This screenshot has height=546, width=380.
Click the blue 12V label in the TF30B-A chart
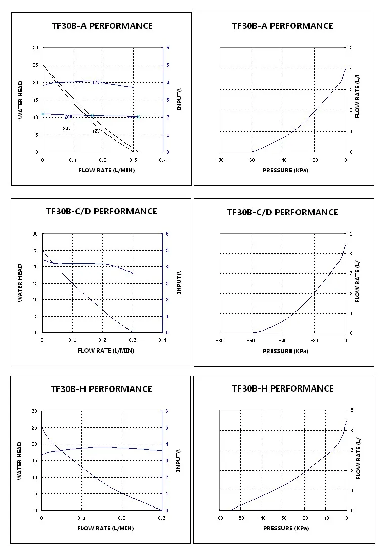96,82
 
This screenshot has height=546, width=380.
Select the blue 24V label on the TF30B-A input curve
68,116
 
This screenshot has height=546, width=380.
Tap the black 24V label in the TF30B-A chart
67,129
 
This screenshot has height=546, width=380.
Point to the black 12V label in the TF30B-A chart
96,131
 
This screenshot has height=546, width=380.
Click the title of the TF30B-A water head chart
101,26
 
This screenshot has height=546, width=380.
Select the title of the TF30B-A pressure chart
283,26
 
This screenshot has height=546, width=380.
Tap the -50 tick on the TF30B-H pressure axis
240,518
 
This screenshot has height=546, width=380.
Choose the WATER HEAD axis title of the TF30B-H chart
20,461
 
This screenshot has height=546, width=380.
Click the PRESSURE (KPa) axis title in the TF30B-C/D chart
285,350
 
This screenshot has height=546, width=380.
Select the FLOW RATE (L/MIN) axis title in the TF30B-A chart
106,170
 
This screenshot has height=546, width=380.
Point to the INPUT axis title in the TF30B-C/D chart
178,283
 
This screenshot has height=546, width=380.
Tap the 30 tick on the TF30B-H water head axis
34,411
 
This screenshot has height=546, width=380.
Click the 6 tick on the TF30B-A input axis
168,48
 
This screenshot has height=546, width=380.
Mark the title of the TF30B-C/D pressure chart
282,212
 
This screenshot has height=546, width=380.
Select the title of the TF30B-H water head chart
101,389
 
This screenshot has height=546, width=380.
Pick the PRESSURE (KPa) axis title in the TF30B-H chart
285,528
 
